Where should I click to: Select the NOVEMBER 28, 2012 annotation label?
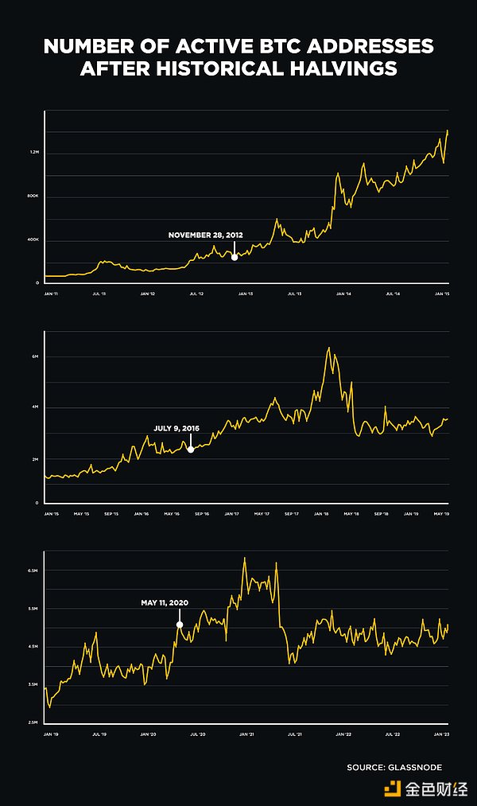coord(205,236)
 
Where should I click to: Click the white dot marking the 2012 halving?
coord(235,257)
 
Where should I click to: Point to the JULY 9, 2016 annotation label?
coord(176,428)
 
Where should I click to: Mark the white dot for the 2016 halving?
coord(191,450)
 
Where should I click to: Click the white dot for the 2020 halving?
coord(180,625)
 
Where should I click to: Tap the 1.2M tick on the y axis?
coord(34,153)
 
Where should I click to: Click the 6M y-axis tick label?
coord(35,357)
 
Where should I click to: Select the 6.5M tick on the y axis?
coord(33,571)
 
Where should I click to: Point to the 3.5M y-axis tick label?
coord(33,684)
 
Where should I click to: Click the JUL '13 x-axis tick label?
coord(293,294)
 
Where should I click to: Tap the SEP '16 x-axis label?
coord(202,514)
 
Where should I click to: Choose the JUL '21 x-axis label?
coord(294,734)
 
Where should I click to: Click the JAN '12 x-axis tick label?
coord(147,294)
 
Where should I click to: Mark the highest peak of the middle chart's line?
coord(329,348)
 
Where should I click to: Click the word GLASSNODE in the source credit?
coord(414,767)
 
